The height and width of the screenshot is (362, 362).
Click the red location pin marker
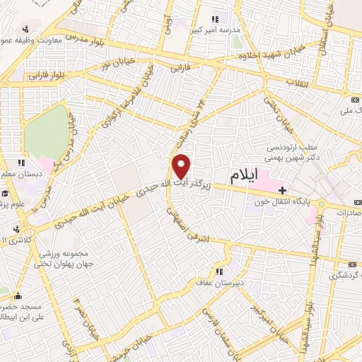[x=182, y=166]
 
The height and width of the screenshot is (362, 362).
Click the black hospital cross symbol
[x=282, y=189]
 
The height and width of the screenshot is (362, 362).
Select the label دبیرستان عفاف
[x=219, y=282]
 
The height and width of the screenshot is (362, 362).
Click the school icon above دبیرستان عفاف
[x=219, y=271]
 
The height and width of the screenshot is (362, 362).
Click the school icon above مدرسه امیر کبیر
[x=215, y=19]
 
